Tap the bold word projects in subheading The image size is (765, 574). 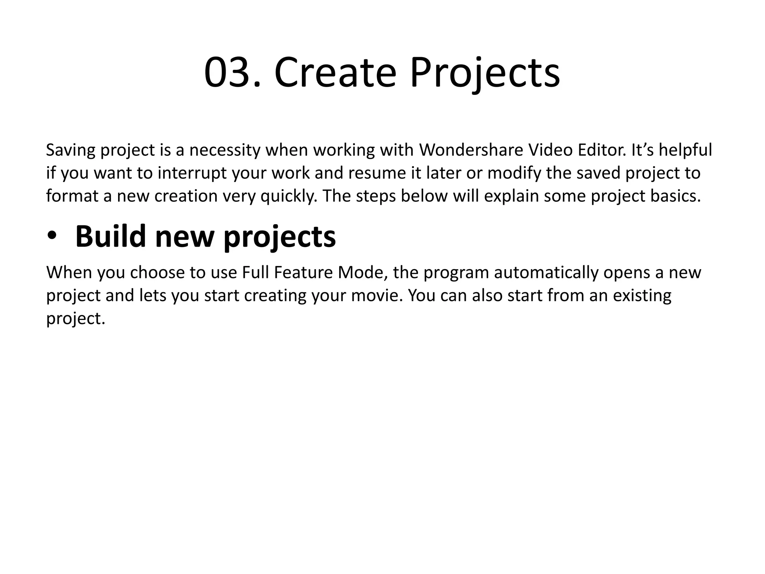coord(280,237)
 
